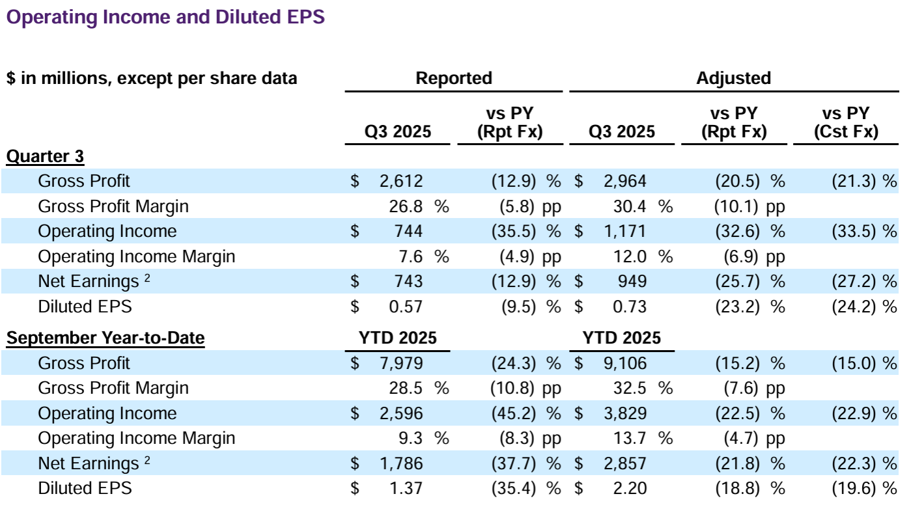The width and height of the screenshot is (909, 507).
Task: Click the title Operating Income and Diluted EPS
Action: (165, 18)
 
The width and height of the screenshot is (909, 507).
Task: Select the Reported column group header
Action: (454, 79)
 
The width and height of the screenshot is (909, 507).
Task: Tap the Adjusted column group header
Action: (733, 79)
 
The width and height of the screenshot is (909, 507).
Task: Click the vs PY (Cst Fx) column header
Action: (846, 122)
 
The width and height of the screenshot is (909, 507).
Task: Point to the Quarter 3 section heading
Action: (46, 156)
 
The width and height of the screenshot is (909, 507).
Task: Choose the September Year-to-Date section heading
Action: (105, 338)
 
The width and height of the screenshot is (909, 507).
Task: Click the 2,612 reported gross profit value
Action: (400, 181)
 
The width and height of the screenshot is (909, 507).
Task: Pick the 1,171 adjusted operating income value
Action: (624, 231)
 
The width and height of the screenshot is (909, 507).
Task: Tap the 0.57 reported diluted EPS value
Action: (405, 306)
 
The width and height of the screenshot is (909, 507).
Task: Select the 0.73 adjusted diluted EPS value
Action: (629, 306)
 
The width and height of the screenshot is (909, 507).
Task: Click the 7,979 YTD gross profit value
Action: (400, 363)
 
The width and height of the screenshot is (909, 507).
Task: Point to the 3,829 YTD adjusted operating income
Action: (624, 413)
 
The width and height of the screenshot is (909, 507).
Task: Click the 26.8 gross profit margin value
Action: (407, 206)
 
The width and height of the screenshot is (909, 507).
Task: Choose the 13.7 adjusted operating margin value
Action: (630, 439)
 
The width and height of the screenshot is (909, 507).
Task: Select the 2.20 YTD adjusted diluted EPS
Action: (629, 488)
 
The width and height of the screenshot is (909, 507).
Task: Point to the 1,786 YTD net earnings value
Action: (400, 463)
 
